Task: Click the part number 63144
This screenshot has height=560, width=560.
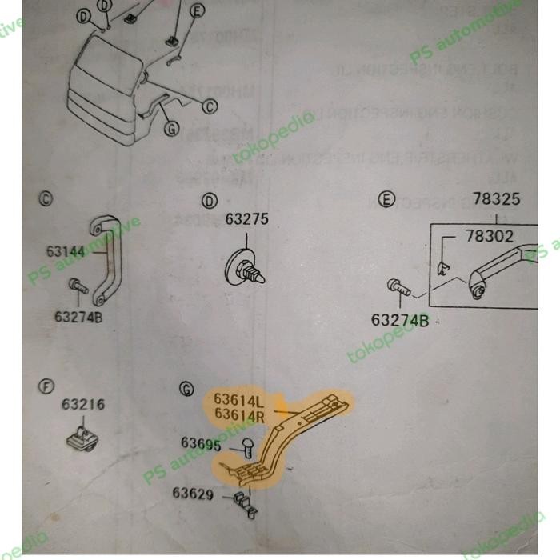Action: [64, 251]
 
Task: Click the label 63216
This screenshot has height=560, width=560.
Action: [83, 405]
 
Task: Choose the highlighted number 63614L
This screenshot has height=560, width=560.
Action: [238, 398]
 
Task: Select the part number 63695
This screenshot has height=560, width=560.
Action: [202, 442]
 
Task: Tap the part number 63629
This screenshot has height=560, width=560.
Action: [193, 494]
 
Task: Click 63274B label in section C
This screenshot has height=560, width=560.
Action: [78, 316]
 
